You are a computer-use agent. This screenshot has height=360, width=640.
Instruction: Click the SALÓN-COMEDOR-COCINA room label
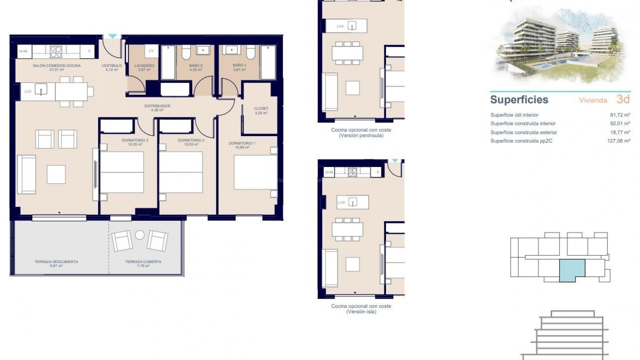57,66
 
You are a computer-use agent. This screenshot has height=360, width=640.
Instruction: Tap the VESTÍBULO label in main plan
112,66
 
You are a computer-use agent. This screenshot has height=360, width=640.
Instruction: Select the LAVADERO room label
144,66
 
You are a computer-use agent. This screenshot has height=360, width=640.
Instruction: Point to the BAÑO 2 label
196,66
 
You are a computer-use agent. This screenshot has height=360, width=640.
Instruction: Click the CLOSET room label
261,108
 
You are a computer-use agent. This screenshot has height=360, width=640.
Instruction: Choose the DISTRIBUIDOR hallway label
157,106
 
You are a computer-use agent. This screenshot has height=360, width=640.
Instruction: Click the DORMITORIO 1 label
242,143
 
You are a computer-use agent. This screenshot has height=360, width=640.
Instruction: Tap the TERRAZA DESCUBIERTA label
56,262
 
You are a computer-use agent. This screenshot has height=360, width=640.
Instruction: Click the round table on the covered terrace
140,235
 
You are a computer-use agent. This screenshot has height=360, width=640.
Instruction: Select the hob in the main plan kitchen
56,52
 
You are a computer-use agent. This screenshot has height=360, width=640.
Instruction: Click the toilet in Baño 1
251,52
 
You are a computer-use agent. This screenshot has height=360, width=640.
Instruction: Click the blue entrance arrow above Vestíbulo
113,36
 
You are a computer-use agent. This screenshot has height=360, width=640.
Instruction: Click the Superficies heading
519,100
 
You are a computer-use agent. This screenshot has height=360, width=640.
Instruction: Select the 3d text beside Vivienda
623,99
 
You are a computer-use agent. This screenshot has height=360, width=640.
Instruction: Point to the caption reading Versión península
361,136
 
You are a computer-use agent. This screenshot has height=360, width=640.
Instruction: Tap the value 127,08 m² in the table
618,141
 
